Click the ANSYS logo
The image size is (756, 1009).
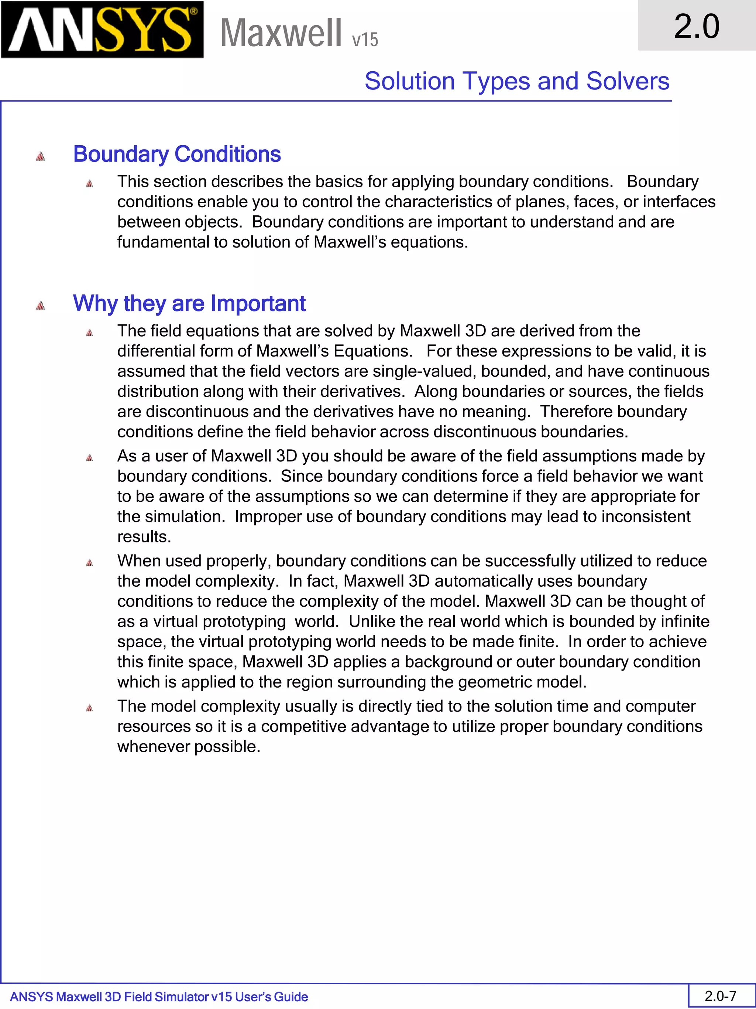102,30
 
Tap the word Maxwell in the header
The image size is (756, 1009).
281,33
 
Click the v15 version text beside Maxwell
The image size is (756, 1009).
365,40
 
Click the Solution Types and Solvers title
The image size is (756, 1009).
517,81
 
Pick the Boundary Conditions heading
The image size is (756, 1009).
177,154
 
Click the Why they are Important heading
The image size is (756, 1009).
189,303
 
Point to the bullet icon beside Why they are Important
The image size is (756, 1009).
41,306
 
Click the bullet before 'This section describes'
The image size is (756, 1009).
89,183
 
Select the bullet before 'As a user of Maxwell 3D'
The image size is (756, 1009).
89,457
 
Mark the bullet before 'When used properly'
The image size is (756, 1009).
89,562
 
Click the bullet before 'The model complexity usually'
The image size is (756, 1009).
89,708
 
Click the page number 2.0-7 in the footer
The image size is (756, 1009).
721,996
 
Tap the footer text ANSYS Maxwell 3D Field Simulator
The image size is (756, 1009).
159,997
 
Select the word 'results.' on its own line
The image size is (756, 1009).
144,537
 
